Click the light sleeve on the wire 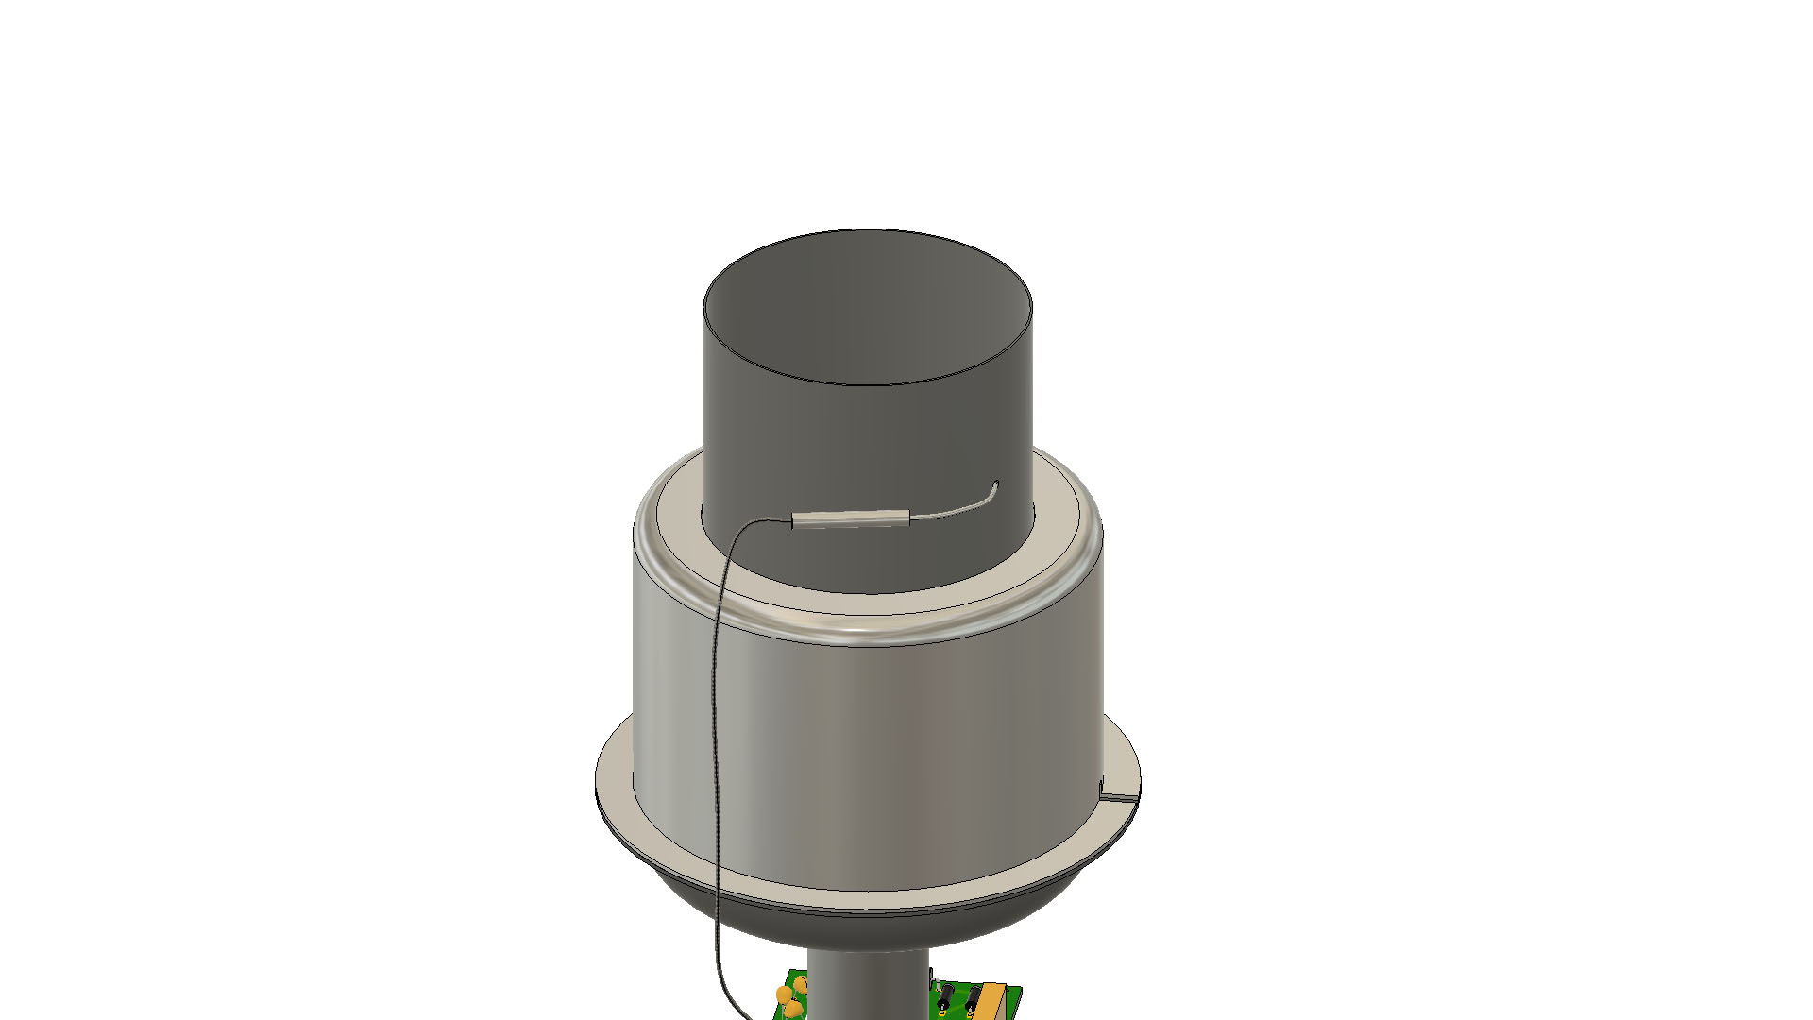pos(850,518)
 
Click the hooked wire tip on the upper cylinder pos(994,487)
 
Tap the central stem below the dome pos(867,987)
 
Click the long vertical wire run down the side pos(715,756)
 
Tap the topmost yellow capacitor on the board pos(801,984)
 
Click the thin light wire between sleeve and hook pos(954,514)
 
